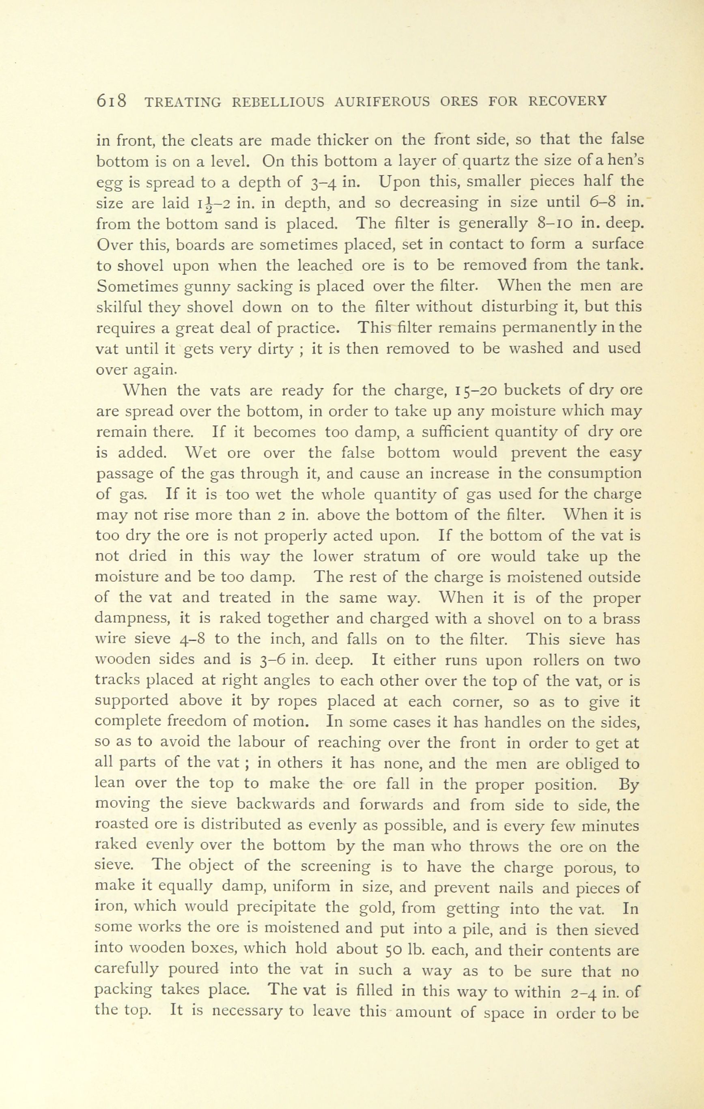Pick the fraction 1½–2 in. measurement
(215, 204)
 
